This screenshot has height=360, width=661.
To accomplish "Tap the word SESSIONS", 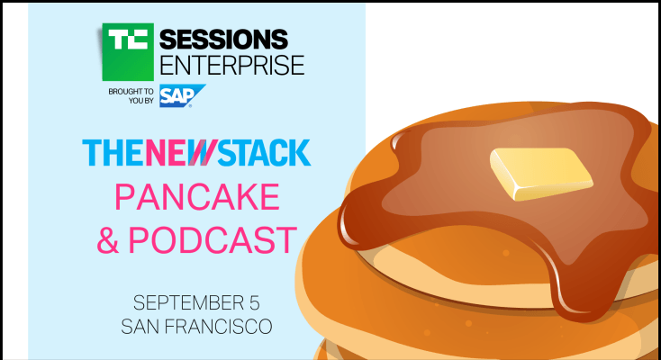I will [x=224, y=40].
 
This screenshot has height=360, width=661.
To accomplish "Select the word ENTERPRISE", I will [x=231, y=66].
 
